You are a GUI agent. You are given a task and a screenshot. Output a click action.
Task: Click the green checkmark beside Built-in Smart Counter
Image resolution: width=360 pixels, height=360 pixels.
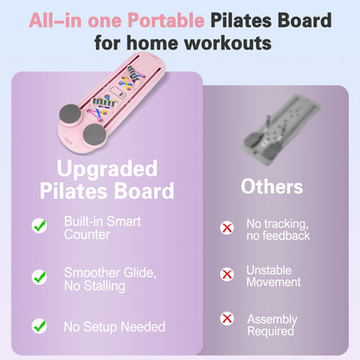tap(39, 226)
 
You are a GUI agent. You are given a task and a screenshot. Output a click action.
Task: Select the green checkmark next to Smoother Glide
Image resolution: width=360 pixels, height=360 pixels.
tap(39, 277)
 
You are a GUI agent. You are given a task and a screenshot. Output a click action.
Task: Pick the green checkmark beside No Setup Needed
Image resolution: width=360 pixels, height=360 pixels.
tap(39, 326)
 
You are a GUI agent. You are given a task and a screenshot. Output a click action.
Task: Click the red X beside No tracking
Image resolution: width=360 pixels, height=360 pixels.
tap(227, 228)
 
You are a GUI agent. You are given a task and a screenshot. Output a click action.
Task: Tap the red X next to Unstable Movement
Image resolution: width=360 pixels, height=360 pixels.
tap(227, 276)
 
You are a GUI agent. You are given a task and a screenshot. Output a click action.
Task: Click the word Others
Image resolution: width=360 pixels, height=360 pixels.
tap(272, 186)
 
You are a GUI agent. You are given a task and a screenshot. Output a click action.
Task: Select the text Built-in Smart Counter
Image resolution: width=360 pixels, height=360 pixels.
tap(101, 228)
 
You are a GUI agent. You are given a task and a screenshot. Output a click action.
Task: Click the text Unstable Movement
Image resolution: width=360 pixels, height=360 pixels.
tap(273, 276)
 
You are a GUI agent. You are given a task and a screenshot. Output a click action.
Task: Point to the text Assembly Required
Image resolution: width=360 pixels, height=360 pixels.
tap(273, 325)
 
